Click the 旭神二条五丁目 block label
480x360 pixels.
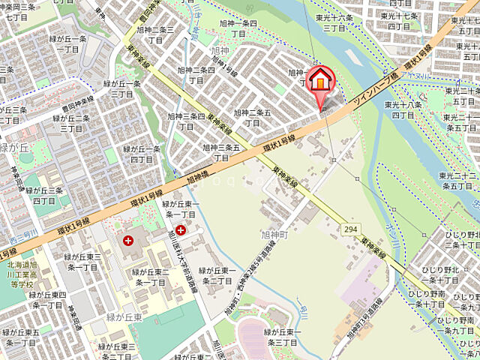(x=252, y=117)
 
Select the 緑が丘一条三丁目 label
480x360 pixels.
(x=121, y=88)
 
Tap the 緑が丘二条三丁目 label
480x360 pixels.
(x=70, y=123)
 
